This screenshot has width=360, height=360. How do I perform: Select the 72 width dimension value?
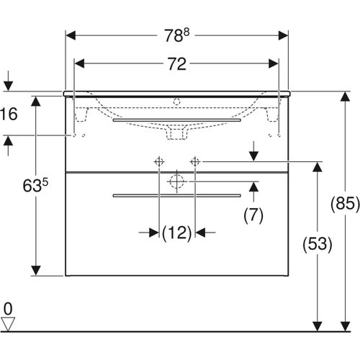(x=177, y=64)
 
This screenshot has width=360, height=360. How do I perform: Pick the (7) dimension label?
(x=253, y=214)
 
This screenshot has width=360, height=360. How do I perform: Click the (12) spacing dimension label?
(x=176, y=233)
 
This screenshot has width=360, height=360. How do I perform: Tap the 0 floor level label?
(x=8, y=310)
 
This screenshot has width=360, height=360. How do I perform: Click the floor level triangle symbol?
(x=8, y=324)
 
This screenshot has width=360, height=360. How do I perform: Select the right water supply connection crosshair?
(x=194, y=162)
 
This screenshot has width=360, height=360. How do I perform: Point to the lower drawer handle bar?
(x=177, y=194)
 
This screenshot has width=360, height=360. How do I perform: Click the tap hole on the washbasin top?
(x=177, y=95)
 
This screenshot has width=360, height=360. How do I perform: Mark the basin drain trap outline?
(x=177, y=132)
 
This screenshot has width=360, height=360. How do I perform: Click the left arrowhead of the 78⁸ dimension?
(x=70, y=35)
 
